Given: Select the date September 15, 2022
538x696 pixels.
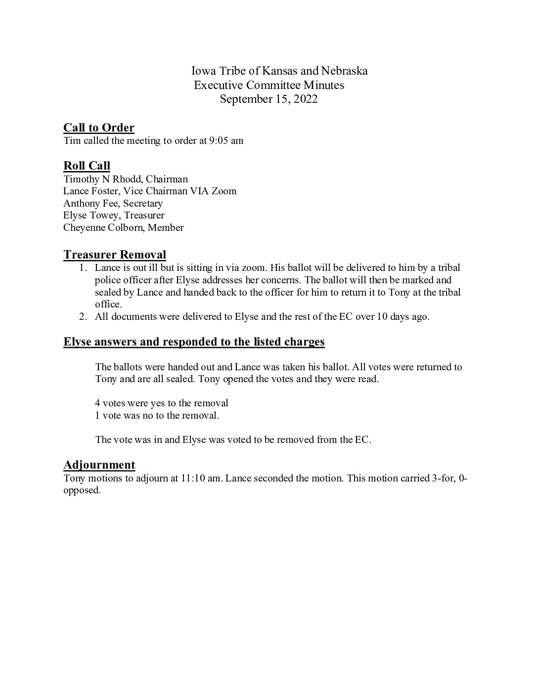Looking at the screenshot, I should [x=269, y=99].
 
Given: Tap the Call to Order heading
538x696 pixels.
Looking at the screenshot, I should [x=99, y=128].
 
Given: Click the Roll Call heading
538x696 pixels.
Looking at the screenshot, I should [x=87, y=166].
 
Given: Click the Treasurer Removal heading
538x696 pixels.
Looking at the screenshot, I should [x=114, y=255].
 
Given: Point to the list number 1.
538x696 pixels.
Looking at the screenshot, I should [x=83, y=268].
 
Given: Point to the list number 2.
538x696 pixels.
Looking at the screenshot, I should [x=83, y=317].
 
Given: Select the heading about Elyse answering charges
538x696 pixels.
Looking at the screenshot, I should [x=194, y=342].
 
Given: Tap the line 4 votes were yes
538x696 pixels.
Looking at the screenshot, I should [x=162, y=403].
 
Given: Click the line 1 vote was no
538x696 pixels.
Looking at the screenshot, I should [x=157, y=415].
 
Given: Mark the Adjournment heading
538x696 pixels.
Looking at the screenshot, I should [x=99, y=465].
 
